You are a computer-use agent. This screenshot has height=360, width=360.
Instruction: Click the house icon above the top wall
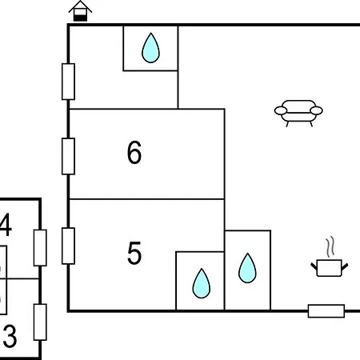(80, 11)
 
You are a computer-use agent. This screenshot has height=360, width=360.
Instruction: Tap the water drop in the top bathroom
(150, 48)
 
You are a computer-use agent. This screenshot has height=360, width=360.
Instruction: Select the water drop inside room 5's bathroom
(202, 283)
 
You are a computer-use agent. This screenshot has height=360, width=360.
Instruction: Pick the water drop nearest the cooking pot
(247, 268)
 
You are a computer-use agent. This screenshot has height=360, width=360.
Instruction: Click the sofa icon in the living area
(298, 113)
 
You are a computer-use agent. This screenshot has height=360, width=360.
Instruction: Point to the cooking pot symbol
(330, 267)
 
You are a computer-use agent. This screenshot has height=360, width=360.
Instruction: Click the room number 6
(134, 153)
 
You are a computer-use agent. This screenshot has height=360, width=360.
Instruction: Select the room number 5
(134, 253)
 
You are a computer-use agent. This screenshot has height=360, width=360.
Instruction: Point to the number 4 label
(6, 225)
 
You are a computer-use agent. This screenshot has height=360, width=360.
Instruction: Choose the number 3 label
(10, 336)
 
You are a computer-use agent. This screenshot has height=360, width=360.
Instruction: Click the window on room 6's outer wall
(68, 156)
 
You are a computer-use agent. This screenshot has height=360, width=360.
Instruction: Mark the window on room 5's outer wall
(68, 246)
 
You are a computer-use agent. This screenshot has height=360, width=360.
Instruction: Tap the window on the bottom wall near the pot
(326, 311)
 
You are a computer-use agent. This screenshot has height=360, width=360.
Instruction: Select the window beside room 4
(40, 248)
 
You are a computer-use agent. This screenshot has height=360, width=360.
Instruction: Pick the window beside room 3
(40, 322)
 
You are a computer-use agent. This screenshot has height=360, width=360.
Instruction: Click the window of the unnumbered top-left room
(68, 82)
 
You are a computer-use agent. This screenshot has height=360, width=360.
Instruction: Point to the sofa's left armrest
(281, 110)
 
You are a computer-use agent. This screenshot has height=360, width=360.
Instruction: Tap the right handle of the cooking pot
(345, 266)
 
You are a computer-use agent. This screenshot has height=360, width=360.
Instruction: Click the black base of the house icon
(80, 18)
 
